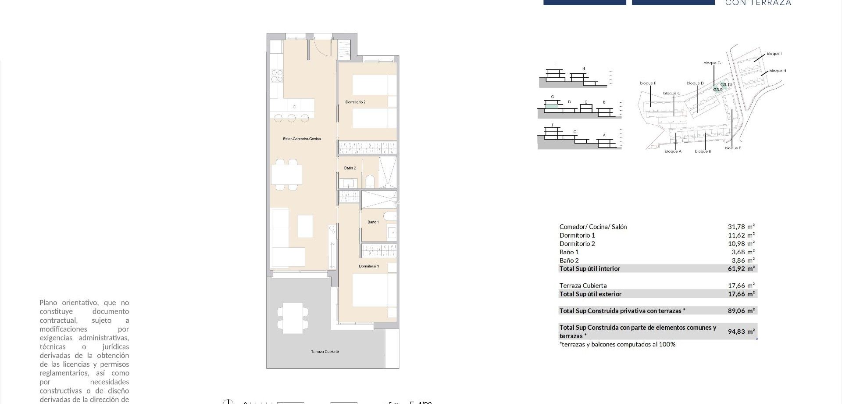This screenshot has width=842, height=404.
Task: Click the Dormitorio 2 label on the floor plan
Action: (x=355, y=102)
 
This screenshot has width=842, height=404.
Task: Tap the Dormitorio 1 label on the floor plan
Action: (x=368, y=267)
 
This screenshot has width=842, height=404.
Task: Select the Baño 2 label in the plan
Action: (x=350, y=168)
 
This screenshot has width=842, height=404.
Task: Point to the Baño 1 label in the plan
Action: (x=373, y=222)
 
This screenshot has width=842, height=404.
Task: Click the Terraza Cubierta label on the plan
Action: (x=325, y=352)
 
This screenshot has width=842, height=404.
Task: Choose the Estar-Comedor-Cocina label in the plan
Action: (x=302, y=139)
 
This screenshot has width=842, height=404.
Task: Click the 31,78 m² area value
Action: (x=741, y=227)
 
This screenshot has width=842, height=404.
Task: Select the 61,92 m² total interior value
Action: (x=741, y=269)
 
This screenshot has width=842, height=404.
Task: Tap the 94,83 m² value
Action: (x=741, y=332)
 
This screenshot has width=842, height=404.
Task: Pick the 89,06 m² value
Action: (x=741, y=311)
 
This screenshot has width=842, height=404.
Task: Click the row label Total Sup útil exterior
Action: (x=590, y=294)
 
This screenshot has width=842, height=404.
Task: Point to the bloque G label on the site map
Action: (x=712, y=63)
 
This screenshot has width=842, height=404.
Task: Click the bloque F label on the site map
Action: (x=648, y=83)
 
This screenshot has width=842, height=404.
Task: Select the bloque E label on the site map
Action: (x=733, y=148)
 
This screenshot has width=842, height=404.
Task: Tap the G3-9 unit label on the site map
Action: (x=717, y=90)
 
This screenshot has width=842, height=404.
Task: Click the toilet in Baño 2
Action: (x=370, y=181)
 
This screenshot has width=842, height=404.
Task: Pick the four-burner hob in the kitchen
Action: (x=277, y=76)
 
